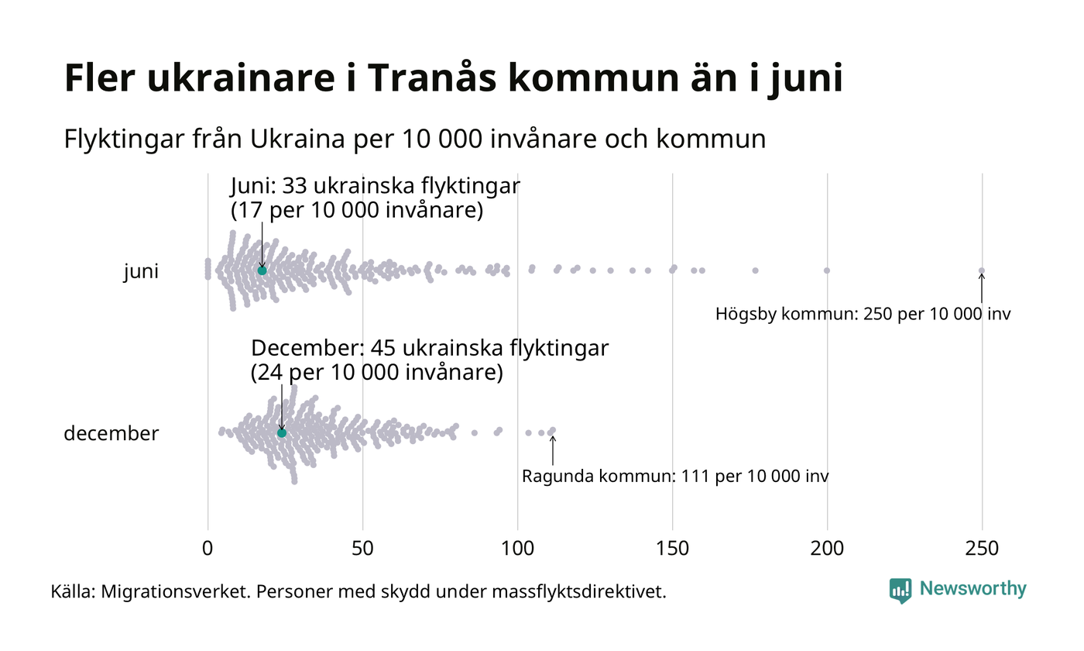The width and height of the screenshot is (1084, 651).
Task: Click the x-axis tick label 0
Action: click(208, 549)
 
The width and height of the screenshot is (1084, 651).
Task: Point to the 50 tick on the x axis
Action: click(362, 549)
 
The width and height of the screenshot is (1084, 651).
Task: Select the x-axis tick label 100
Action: click(517, 549)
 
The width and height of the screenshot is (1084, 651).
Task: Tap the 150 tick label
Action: click(672, 549)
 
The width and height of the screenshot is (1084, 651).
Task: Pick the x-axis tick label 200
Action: click(827, 549)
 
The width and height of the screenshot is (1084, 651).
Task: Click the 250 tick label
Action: click(982, 549)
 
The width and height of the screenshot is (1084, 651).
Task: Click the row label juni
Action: click(141, 272)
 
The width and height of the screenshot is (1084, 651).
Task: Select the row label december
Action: click(111, 433)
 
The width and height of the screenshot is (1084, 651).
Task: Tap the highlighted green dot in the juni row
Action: click(262, 270)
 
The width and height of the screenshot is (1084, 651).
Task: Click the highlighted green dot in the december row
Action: click(282, 432)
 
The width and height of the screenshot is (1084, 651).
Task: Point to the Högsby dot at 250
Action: click(982, 270)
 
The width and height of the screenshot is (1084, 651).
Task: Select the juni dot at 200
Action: click(827, 270)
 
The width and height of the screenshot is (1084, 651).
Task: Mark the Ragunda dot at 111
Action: click(552, 430)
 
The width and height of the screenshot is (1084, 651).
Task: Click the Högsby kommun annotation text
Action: click(863, 315)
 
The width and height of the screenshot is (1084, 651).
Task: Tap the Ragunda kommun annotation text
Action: click(675, 476)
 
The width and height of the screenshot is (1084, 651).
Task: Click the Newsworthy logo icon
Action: click(900, 591)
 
